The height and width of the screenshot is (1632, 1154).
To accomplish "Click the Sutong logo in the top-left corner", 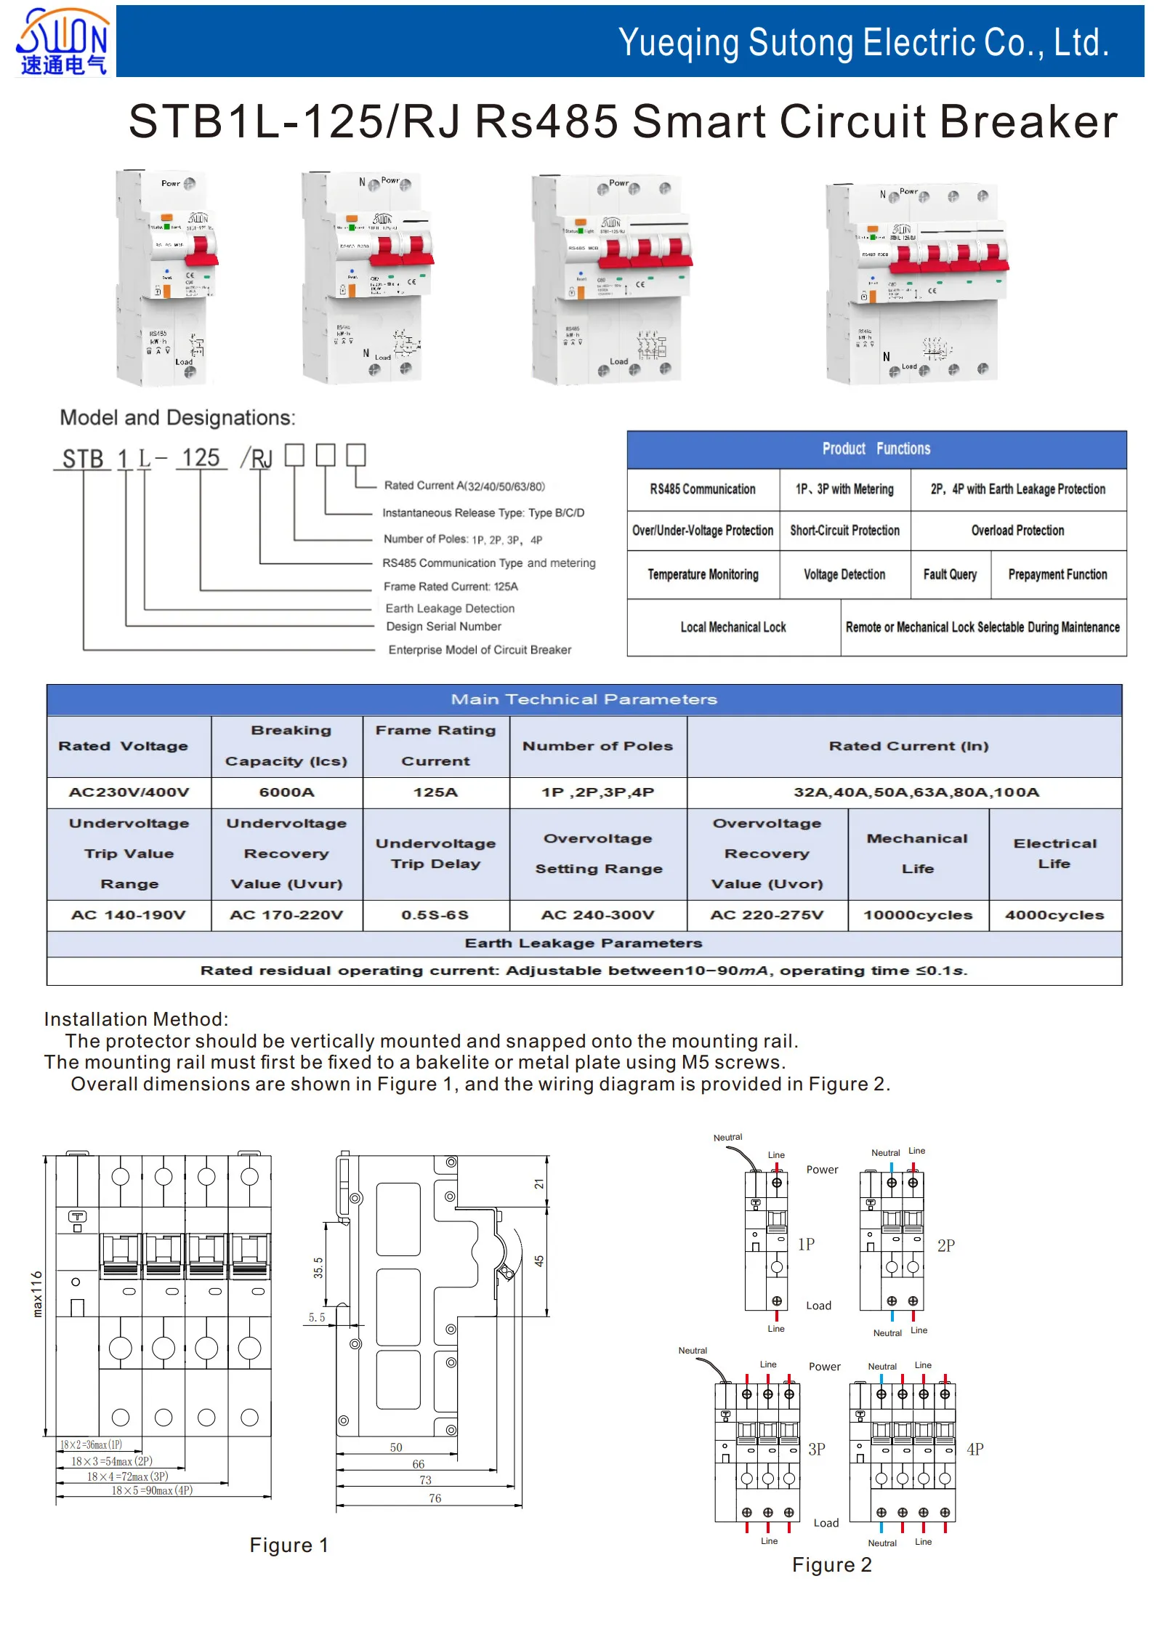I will tap(62, 41).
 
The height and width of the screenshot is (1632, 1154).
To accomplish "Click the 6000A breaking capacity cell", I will tap(287, 792).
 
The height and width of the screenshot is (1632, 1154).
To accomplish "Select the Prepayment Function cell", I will tap(1057, 574).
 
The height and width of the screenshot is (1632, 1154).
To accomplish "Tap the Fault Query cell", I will tap(950, 574).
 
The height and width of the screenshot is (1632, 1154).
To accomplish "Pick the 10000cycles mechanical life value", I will tap(918, 915).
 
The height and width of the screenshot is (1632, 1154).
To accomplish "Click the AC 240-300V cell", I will tap(597, 915).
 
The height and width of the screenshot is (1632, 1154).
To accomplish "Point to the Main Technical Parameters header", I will tap(584, 699).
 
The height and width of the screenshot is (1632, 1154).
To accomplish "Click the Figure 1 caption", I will tap(288, 1545).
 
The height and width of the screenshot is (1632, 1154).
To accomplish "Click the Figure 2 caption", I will tap(831, 1564).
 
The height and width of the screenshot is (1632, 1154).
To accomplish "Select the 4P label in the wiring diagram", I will tap(975, 1450).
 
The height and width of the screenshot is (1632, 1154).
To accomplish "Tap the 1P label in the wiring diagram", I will tap(806, 1244).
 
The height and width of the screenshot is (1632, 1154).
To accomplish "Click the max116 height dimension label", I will tap(37, 1293).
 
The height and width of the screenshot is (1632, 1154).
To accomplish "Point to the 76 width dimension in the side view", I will tap(435, 1498).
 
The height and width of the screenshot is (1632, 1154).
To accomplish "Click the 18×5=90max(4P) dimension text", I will tap(151, 1490).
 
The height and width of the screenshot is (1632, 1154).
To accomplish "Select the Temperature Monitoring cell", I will tap(703, 574).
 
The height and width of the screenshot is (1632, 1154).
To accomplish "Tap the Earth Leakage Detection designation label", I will tap(450, 608).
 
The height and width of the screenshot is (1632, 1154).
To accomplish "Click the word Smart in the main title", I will tap(698, 121).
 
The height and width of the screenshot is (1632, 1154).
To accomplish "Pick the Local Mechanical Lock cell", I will tap(733, 627).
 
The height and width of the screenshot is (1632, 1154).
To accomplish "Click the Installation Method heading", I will tap(136, 1019).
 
